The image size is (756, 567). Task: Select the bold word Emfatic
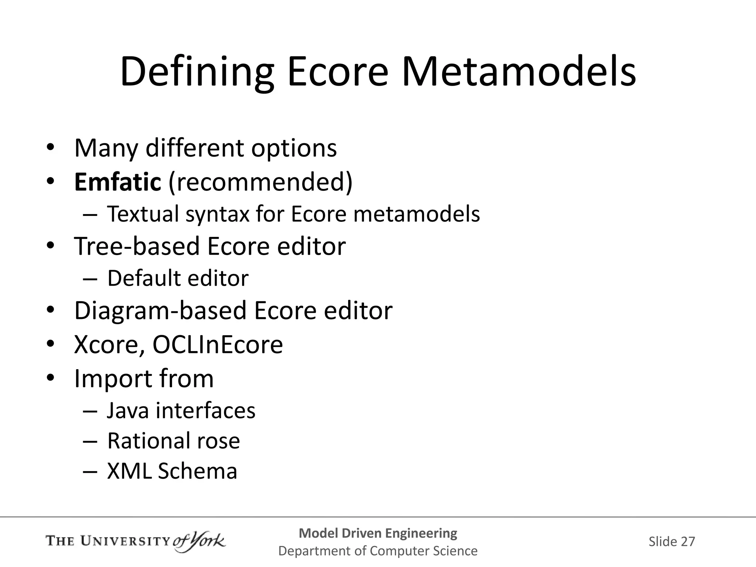(x=118, y=182)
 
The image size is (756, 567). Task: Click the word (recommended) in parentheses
(x=261, y=182)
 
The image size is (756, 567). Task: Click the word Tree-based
(x=137, y=246)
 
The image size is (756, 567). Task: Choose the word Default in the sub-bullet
(x=144, y=278)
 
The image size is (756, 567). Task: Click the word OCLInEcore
(x=218, y=345)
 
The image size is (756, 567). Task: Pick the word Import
(x=113, y=379)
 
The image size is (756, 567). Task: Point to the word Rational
(x=148, y=441)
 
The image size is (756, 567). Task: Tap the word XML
(x=129, y=471)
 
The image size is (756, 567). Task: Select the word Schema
(x=197, y=471)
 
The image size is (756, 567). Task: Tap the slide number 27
(x=688, y=542)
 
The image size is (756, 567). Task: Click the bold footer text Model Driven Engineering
(x=378, y=533)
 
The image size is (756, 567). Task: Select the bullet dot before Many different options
(x=51, y=148)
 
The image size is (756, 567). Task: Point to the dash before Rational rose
(x=90, y=441)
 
